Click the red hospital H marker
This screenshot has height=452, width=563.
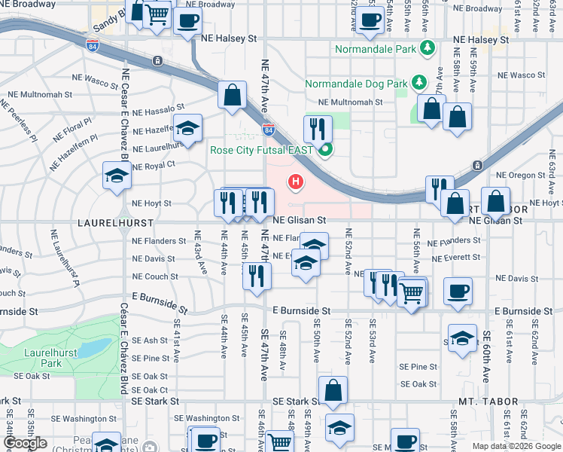coord(297,182)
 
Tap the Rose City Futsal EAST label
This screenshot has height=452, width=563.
coord(261,150)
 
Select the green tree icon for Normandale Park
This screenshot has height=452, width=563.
coord(428,48)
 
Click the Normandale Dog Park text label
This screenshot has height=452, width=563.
coord(355,84)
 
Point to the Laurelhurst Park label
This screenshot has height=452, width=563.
coord(40,357)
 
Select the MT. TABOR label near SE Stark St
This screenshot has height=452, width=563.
coord(489,402)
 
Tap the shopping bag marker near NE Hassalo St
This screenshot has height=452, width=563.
coord(233,94)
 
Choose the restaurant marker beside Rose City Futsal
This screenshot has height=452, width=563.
coord(318,129)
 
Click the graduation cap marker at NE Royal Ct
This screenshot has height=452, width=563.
coord(116,176)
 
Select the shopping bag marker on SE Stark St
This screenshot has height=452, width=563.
coord(332,389)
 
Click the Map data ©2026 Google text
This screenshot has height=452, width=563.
coord(516,446)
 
